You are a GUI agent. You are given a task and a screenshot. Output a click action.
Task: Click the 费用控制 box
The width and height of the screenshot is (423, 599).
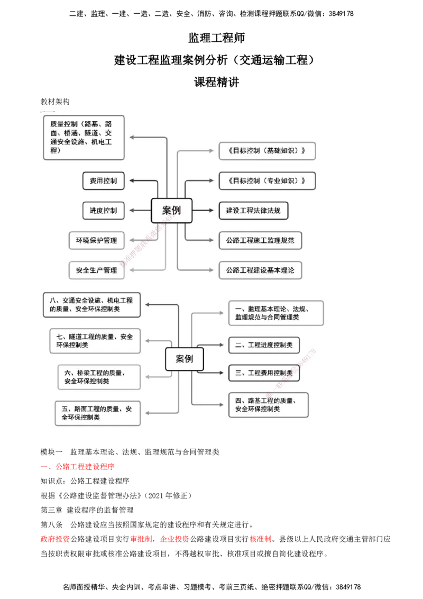(103, 180)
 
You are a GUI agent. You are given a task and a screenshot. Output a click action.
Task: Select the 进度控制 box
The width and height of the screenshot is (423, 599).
(103, 210)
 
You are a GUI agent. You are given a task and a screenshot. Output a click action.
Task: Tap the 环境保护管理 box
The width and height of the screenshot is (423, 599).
(96, 240)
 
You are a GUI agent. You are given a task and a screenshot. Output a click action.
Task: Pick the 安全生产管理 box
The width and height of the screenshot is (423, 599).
(96, 270)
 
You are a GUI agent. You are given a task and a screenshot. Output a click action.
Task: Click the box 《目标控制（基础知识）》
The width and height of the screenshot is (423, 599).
(267, 150)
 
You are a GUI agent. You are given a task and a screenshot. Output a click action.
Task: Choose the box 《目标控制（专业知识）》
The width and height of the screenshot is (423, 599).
(267, 180)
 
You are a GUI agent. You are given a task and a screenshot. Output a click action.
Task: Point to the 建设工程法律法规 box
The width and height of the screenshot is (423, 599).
(253, 210)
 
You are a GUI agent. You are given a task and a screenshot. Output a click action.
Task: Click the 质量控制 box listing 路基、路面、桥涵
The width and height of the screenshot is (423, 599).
(84, 138)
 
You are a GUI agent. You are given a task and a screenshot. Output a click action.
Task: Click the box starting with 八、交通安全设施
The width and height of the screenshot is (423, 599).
(91, 304)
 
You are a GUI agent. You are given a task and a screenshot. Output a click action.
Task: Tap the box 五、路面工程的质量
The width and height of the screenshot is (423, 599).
(98, 413)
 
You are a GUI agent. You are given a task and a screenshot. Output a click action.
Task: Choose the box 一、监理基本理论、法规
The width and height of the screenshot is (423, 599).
(275, 313)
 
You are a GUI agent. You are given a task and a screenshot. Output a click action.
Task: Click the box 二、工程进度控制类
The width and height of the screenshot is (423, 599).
(264, 345)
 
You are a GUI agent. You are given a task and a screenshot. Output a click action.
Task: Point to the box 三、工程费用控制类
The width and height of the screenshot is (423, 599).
(264, 373)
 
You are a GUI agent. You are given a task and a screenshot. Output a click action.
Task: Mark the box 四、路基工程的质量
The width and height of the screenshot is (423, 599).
(268, 404)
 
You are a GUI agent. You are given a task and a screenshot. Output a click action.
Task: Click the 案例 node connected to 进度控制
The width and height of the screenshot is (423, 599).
(171, 210)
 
